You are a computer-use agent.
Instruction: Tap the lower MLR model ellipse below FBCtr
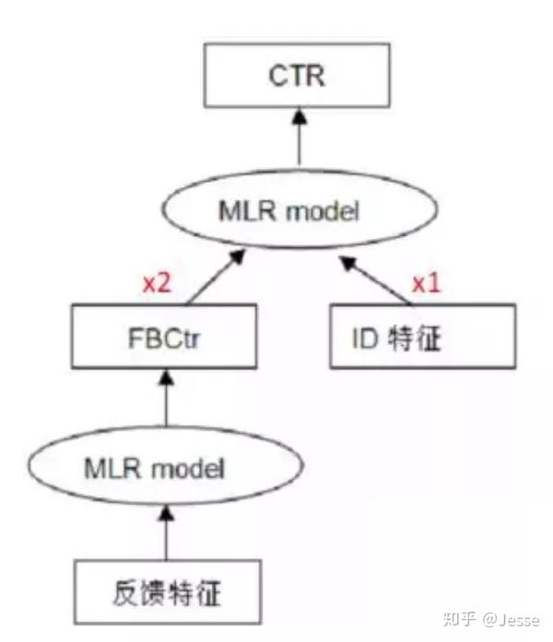click(165, 469)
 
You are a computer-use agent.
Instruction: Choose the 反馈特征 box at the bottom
click(165, 589)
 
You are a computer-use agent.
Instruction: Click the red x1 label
click(426, 283)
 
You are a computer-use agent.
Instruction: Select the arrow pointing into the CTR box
click(297, 138)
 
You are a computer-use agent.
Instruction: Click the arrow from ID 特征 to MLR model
click(378, 281)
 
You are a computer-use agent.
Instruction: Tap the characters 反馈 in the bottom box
click(138, 589)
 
